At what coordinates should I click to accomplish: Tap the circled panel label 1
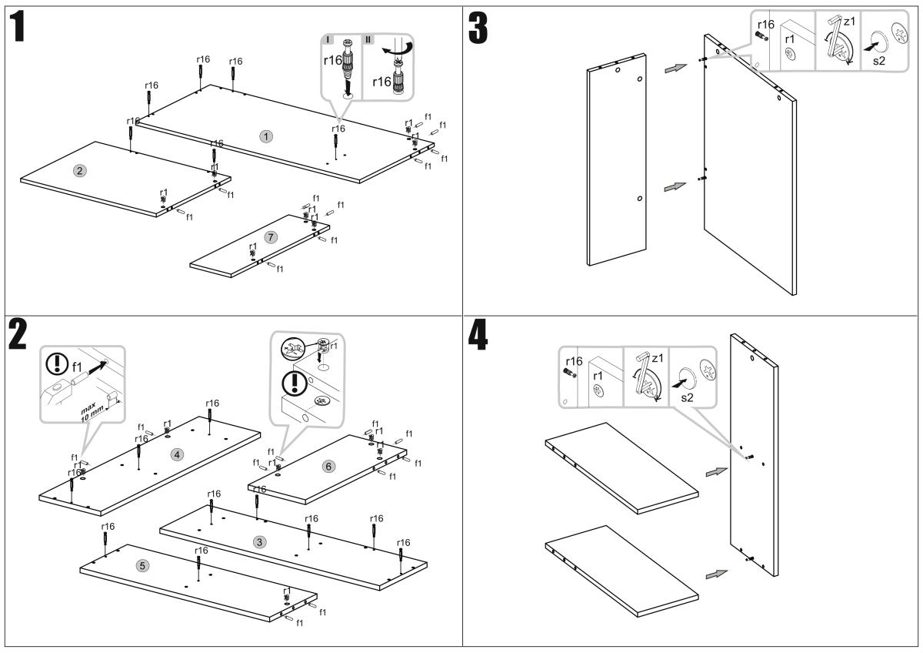266,136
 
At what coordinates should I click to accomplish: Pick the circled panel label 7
270,237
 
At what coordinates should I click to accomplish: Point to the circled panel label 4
178,454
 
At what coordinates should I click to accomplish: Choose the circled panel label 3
260,541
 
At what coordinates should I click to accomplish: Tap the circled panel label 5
142,565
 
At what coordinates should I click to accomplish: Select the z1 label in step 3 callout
848,22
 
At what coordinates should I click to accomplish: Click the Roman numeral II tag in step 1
368,39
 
